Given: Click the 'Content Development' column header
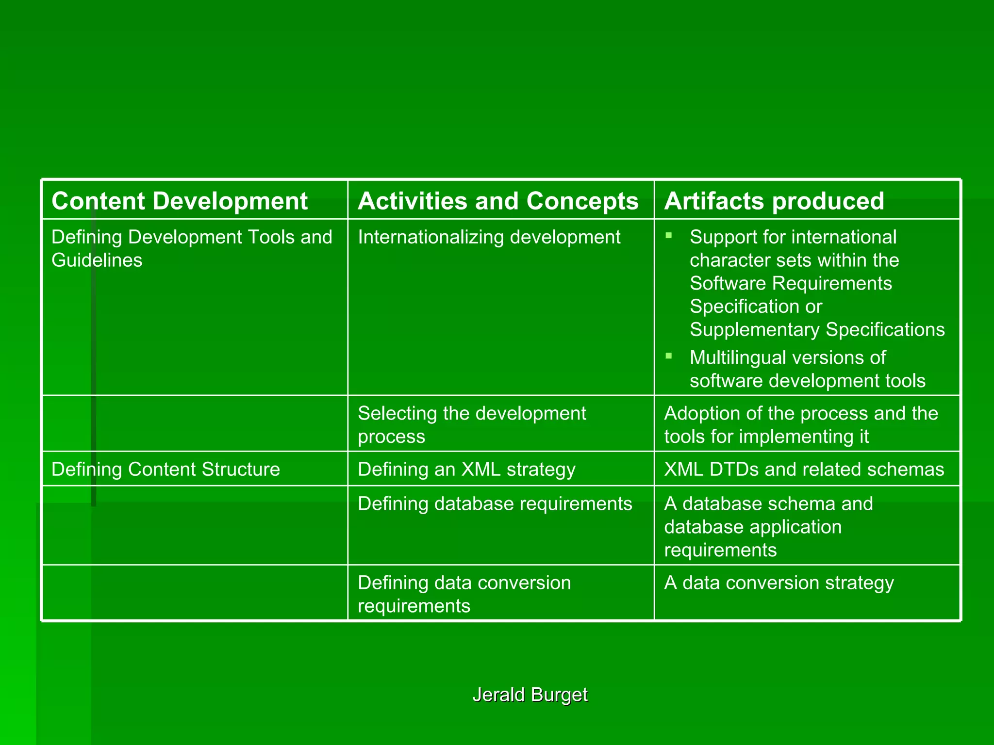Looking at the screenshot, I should click(x=180, y=201).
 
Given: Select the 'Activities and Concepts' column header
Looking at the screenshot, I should click(x=498, y=201).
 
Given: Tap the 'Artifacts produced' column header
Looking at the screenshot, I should click(x=774, y=201).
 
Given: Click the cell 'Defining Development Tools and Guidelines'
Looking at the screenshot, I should click(x=192, y=248).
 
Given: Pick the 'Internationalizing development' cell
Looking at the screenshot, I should click(x=489, y=237).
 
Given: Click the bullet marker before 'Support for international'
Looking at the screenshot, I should click(x=669, y=236).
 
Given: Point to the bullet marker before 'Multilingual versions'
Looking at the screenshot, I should click(x=669, y=356).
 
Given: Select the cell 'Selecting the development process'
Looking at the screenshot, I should click(x=472, y=424).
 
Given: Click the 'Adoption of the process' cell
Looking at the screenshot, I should click(x=801, y=424).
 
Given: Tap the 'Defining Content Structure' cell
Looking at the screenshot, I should click(x=166, y=469).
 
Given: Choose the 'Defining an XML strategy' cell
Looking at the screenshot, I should click(x=466, y=469).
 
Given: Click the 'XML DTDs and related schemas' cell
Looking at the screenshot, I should click(x=804, y=469).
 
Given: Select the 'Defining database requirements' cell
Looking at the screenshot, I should click(x=495, y=503).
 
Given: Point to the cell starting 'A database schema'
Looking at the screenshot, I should click(x=768, y=526).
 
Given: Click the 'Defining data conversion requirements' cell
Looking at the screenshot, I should click(x=464, y=594).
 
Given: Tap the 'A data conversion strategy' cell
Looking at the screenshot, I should click(x=779, y=583).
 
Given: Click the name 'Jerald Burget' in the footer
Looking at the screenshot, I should click(x=530, y=695).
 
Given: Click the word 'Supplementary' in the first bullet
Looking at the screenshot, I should click(x=755, y=330).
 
